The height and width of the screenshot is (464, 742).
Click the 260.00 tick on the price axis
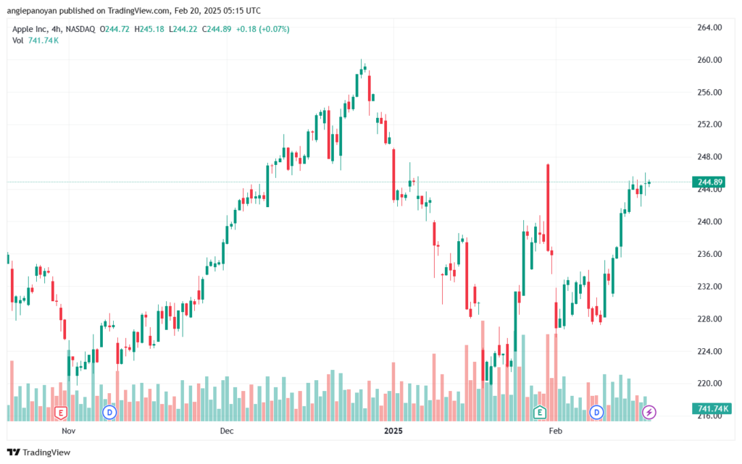tap(709, 60)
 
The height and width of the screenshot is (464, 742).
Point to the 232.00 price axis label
tap(709, 287)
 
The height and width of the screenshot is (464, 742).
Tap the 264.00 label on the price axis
tap(709, 28)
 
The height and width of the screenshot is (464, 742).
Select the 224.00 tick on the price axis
tap(709, 351)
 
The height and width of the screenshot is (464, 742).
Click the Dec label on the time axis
tap(227, 431)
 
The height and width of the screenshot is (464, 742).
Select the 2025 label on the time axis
tap(393, 431)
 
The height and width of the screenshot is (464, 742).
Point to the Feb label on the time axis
tap(555, 431)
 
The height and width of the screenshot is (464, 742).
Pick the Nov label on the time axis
tap(69, 431)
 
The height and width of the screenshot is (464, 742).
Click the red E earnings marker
tap(61, 413)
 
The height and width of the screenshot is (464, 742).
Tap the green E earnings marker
tap(539, 413)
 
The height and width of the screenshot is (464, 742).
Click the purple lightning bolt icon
tap(649, 413)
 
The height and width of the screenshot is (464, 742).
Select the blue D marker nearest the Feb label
tap(596, 413)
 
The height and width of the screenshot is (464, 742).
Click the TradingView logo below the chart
tap(39, 452)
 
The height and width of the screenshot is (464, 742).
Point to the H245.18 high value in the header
tap(149, 29)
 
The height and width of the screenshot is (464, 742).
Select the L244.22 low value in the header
tap(183, 29)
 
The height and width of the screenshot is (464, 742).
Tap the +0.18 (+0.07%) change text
tap(262, 29)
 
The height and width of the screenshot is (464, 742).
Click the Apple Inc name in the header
tap(29, 29)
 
